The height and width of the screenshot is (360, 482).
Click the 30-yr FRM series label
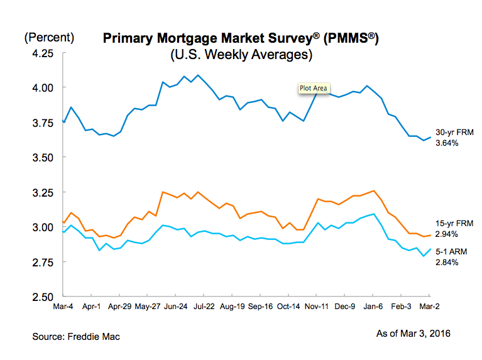[x=452, y=133]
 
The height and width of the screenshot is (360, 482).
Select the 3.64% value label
[x=448, y=143]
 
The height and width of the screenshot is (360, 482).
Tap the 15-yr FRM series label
[x=452, y=223]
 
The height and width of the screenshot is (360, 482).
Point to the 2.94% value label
[x=448, y=233]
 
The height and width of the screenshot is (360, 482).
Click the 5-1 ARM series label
[x=451, y=251]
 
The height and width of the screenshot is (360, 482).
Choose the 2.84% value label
[x=448, y=261]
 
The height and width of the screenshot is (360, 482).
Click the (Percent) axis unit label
[x=49, y=37]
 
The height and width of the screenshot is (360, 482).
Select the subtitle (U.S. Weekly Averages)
[x=242, y=55]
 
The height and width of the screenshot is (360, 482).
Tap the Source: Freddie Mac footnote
[x=76, y=337]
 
